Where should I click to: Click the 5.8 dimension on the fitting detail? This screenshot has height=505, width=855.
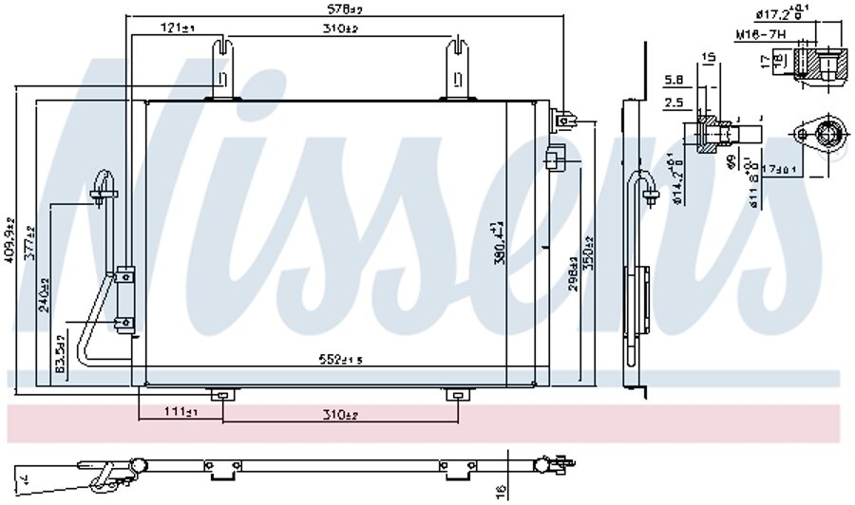(x=673, y=80)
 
